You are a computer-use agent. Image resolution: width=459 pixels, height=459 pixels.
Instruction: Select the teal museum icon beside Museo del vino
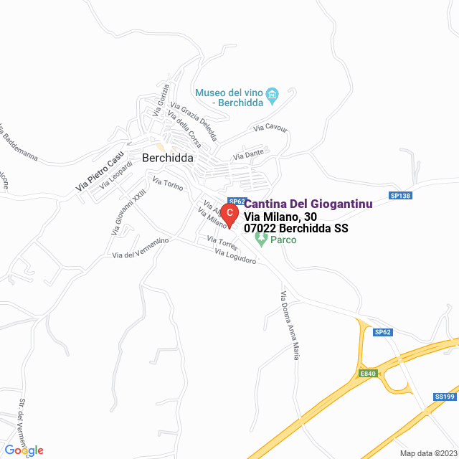pyautogui.click(x=272, y=94)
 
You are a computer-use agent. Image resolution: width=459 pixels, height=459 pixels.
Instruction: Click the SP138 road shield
pyautogui.click(x=400, y=195)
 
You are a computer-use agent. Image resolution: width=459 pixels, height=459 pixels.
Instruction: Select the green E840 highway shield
pyautogui.click(x=367, y=374)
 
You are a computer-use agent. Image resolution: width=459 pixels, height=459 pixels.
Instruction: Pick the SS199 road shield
pyautogui.click(x=445, y=397)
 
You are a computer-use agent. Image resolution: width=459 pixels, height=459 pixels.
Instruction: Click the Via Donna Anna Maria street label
pyautogui.click(x=290, y=324)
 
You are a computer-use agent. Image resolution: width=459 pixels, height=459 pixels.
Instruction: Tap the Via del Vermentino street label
pyautogui.click(x=141, y=247)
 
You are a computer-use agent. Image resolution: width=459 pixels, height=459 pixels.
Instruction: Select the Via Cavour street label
pyautogui.click(x=270, y=129)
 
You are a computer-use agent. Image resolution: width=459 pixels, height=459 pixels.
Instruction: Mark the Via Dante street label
pyautogui.click(x=249, y=153)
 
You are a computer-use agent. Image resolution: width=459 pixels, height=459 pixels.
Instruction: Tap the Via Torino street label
pyautogui.click(x=169, y=184)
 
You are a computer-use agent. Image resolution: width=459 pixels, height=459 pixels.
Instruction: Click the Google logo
pyautogui.click(x=23, y=450)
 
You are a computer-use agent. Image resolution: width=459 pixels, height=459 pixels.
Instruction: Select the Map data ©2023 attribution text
pyautogui.click(x=427, y=453)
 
